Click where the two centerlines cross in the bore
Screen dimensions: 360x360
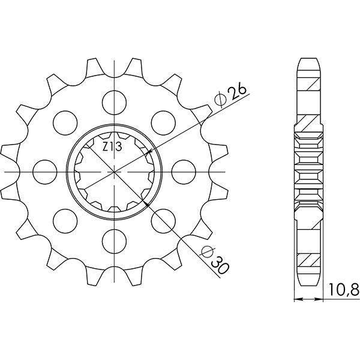click(114, 172)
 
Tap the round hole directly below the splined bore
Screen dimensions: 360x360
click(114, 242)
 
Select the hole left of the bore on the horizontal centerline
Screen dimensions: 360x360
click(43, 172)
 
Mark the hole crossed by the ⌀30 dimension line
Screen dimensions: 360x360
click(163, 221)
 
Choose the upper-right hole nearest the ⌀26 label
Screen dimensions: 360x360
click(163, 122)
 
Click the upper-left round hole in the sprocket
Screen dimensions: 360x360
click(64, 122)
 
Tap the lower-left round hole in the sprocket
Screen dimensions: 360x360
click(64, 221)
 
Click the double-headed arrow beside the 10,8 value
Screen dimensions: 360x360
click(310, 298)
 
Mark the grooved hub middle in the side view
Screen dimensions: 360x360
click(310, 172)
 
